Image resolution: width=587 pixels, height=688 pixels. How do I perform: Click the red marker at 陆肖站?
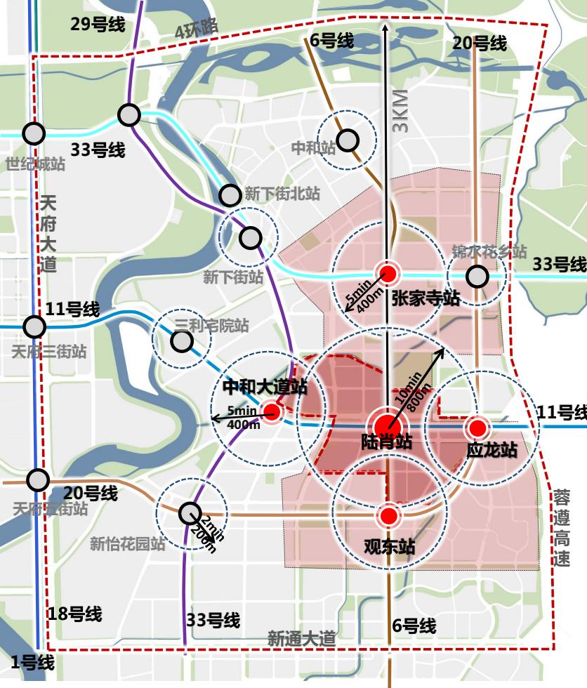387,426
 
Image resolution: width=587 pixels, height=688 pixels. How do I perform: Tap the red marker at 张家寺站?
386,274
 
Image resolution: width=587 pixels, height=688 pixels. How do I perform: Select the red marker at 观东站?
388,517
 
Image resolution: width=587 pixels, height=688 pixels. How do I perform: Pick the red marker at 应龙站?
478,427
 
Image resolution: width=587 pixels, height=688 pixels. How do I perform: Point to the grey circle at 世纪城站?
34,133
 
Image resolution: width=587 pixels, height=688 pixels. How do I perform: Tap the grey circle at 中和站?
347,140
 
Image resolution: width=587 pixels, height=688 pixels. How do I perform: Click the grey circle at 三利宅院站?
182,341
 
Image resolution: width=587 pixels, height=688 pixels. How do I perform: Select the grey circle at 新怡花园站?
189,514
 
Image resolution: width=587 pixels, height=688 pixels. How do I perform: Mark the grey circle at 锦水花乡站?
477,277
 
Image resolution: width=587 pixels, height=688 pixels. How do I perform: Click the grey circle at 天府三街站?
34,326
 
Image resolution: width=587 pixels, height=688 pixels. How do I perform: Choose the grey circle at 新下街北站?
230,194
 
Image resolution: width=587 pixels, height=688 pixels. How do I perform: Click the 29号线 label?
98,25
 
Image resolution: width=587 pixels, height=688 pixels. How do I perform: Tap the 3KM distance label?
401,112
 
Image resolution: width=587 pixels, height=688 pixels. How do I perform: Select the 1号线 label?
33,662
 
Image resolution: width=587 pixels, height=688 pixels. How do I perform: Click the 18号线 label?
74,614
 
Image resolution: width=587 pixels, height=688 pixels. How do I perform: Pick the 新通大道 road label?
301,638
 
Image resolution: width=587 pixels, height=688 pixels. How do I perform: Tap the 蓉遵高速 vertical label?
562,528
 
